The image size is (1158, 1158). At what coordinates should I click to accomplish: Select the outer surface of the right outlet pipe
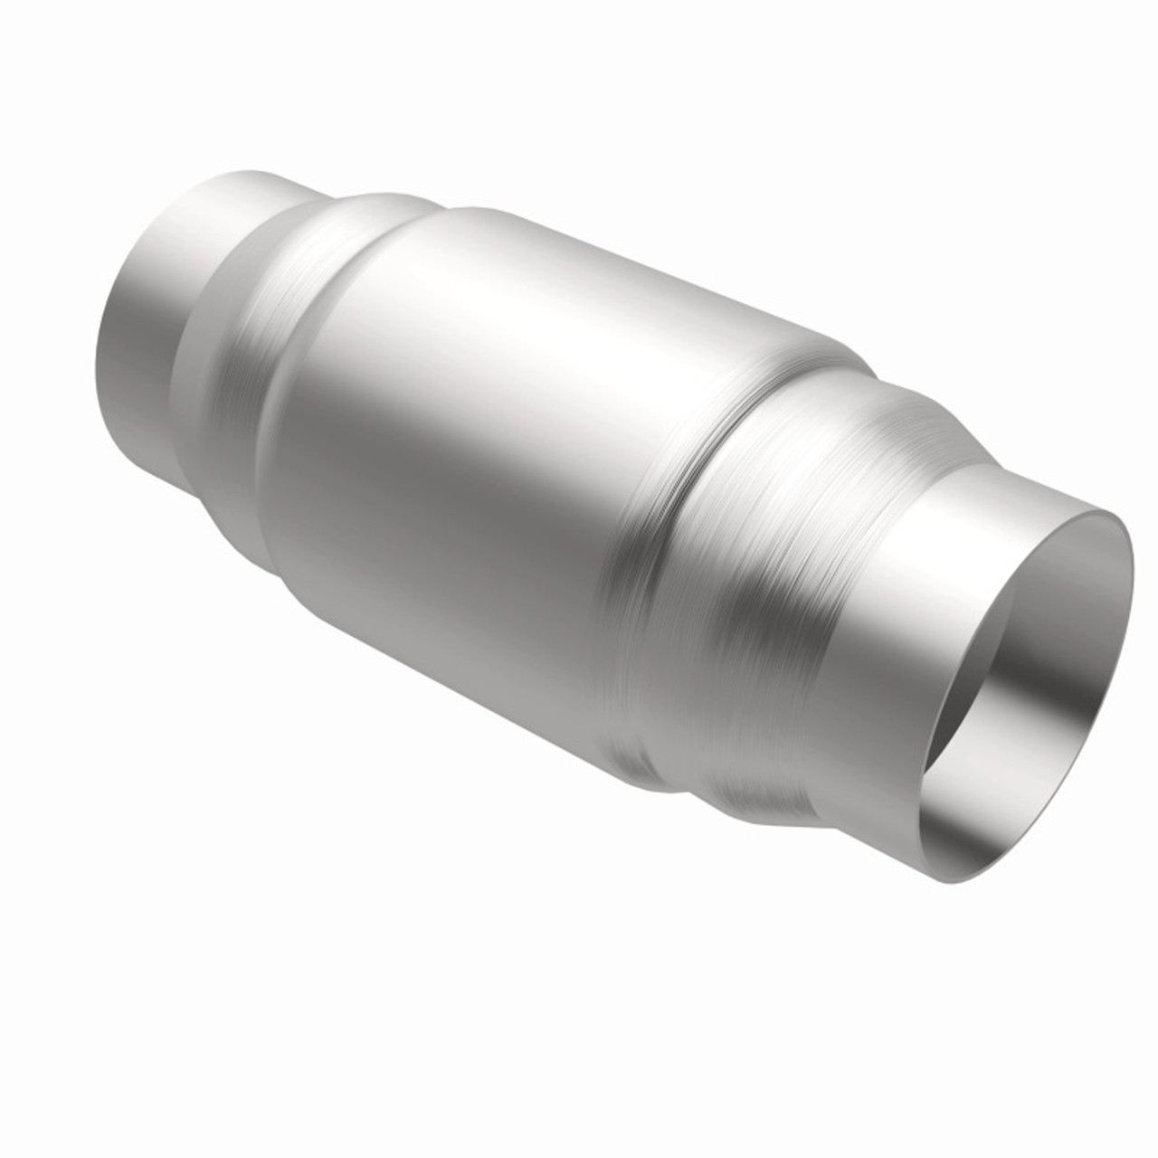point(905,588)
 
